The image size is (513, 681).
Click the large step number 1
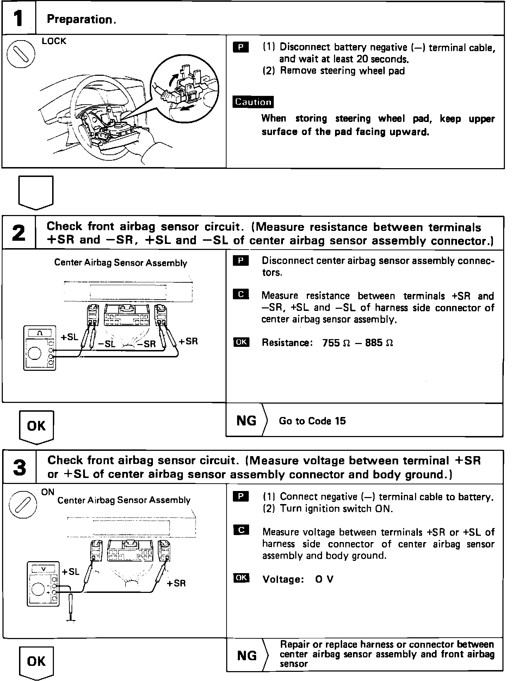coord(18,19)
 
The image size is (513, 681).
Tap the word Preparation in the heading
coord(80,19)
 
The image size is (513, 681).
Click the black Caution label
coord(253,102)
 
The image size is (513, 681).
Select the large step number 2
coord(18,233)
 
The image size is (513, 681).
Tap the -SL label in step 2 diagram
coord(105,344)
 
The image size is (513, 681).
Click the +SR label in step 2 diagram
coord(188,341)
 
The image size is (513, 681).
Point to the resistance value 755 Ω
coord(336,343)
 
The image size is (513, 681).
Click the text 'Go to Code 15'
coord(312,421)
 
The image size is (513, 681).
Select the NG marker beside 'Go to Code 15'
coord(246,421)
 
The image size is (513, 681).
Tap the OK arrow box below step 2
coord(36,426)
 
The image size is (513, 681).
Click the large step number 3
coord(19,468)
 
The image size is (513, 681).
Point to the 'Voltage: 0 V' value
coord(298,579)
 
